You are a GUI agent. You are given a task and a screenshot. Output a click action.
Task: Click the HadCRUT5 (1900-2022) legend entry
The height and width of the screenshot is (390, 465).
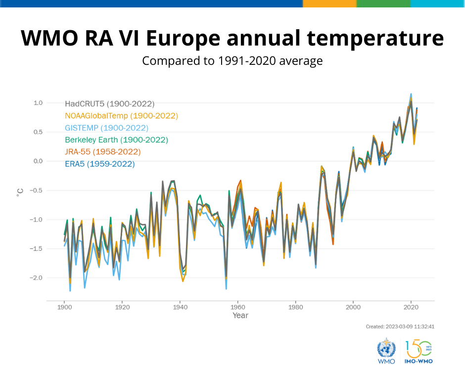point(109,104)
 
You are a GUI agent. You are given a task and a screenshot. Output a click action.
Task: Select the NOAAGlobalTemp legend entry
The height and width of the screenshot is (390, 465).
point(121,116)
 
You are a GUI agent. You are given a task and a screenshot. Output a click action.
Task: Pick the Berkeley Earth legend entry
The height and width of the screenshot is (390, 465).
point(116,140)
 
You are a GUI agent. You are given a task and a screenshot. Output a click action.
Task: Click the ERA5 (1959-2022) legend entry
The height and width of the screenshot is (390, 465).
point(99,164)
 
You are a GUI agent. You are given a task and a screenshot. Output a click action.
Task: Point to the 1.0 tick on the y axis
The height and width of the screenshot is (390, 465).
point(38,103)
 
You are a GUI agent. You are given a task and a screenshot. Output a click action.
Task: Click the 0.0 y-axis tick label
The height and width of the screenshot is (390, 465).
point(38,161)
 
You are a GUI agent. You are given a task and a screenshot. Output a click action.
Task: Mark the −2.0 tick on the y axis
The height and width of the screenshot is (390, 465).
point(36,278)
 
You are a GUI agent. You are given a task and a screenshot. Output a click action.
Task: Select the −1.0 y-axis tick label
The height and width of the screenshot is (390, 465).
point(36,219)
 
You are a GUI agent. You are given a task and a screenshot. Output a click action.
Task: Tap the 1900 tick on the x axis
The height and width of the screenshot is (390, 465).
point(64,306)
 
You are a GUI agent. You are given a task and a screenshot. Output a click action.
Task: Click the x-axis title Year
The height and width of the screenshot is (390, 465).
point(240,316)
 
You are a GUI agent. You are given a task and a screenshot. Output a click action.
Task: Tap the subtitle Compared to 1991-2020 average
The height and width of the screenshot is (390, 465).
point(232,61)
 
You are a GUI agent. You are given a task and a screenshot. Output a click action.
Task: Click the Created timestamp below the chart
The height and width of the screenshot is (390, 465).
point(400,327)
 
